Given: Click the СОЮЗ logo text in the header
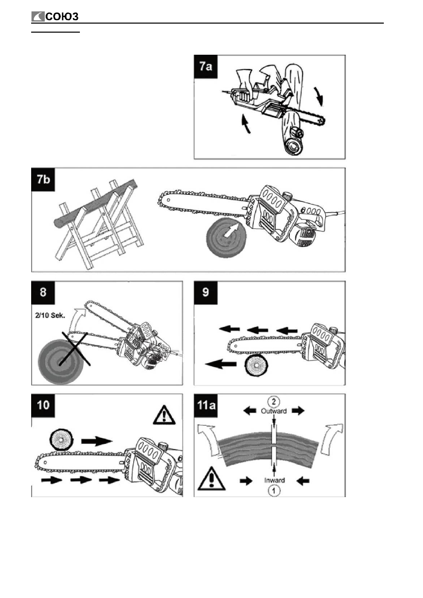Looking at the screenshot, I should (61, 18).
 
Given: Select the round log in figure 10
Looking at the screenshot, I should (62, 440).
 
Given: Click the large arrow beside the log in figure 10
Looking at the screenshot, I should (96, 440).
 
